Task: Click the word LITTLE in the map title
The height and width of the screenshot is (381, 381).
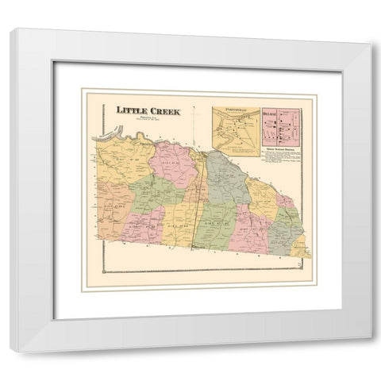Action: [129, 112]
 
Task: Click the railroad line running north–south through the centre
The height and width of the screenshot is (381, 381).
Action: [198, 190]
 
